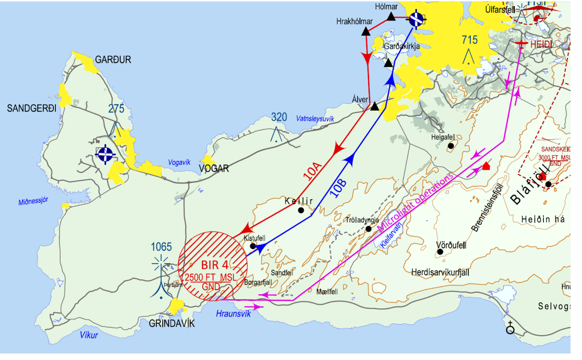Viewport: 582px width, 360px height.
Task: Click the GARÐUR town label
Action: (113, 60)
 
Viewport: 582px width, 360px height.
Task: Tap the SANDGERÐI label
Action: (32, 108)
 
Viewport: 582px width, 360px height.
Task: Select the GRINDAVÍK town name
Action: (172, 324)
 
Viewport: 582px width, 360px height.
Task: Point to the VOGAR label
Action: (214, 168)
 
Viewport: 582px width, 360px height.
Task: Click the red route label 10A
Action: (312, 171)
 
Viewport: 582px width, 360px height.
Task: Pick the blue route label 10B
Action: (338, 188)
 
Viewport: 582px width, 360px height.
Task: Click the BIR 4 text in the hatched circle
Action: (215, 265)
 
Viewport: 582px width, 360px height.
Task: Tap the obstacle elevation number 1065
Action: (161, 247)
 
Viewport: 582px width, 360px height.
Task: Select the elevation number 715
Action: (469, 40)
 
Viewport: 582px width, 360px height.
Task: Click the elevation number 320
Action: (279, 117)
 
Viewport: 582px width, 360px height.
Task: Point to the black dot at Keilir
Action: (301, 210)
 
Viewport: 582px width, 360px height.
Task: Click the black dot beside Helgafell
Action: (451, 146)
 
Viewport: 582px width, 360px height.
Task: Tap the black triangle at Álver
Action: (374, 107)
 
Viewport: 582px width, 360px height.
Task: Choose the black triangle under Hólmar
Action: (391, 17)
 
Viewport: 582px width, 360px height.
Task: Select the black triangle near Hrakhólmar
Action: (366, 32)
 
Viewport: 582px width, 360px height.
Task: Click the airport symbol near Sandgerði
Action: (105, 154)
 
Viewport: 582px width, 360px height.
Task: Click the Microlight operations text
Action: (415, 202)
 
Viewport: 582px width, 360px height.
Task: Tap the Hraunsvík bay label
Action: (233, 314)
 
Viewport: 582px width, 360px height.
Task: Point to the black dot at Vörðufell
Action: (440, 252)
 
